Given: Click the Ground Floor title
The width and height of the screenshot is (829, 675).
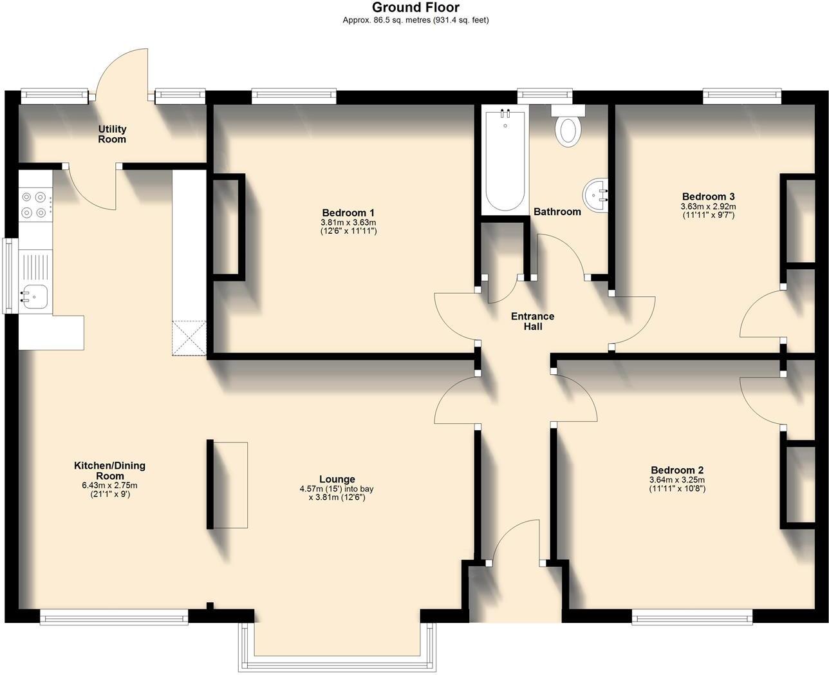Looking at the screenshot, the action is coord(416,7).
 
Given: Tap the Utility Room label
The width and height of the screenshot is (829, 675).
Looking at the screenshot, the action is coord(112,134).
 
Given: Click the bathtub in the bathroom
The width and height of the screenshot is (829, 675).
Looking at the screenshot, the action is coord(505,160).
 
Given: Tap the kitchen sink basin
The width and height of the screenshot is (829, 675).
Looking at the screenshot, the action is coord(35,296).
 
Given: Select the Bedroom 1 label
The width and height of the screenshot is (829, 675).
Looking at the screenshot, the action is coord(348,213).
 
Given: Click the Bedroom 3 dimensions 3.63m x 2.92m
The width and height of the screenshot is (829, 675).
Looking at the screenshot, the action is coord(709,207).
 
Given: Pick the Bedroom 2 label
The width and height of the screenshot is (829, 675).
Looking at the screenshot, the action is coord(677,470).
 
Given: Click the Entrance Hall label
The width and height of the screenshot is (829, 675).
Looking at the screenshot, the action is coord(532,321).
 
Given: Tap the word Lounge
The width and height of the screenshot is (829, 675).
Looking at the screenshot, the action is coord(337,479).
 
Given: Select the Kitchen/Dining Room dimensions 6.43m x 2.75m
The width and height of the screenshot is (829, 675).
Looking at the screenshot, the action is coord(109,486).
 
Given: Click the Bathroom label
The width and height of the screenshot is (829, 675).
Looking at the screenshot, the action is coord(557,212).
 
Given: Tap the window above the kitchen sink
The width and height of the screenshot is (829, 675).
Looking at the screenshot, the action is coord(10,276).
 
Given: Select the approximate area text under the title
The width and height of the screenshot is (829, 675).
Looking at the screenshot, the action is coord(416,20).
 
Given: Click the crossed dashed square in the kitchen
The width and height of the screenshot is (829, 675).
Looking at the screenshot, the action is coord(189,337).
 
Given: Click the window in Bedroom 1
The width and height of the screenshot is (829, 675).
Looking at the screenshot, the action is coord(294,96).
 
